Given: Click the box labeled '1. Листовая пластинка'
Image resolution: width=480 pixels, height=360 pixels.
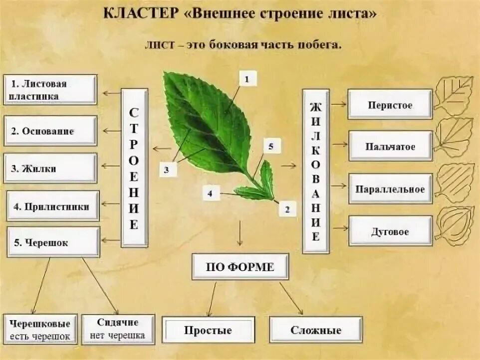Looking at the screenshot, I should coord(50,90).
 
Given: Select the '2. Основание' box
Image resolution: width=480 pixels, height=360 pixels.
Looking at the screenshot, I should coord(50,131).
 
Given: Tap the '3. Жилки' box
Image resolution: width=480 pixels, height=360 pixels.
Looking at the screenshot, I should coord(50,169).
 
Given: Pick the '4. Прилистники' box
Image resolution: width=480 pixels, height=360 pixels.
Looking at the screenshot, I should coord(53,206).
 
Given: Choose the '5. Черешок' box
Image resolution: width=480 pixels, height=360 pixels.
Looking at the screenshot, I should coord(53,243).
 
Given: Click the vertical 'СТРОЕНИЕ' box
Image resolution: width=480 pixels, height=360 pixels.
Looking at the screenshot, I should coord(134,168).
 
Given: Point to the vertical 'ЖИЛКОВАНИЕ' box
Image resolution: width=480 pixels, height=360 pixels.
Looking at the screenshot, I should coord(316,171).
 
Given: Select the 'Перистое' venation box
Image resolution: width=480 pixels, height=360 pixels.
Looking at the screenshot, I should coord(390,105).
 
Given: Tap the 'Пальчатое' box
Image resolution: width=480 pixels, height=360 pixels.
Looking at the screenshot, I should coord(390,147).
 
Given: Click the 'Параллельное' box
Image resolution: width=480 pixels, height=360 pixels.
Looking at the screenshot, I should coord(390,189).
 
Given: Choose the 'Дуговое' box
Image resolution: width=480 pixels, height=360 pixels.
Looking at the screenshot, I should coord(390,231).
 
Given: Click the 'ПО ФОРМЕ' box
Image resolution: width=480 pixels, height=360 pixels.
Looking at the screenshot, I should coord(240,267).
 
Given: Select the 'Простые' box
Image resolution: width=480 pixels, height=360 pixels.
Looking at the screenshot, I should coord(208,330).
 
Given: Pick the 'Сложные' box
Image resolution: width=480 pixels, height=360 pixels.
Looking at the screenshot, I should coord(316,330).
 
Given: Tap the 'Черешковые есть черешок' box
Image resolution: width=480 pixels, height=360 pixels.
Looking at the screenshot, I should coord(40,329).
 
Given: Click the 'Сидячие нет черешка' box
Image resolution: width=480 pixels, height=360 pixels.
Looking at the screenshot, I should coord(118,329).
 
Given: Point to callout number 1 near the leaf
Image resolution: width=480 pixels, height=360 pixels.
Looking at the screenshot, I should coord(248,78).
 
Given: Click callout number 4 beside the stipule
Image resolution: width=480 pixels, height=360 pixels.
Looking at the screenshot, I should coord(211,193).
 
